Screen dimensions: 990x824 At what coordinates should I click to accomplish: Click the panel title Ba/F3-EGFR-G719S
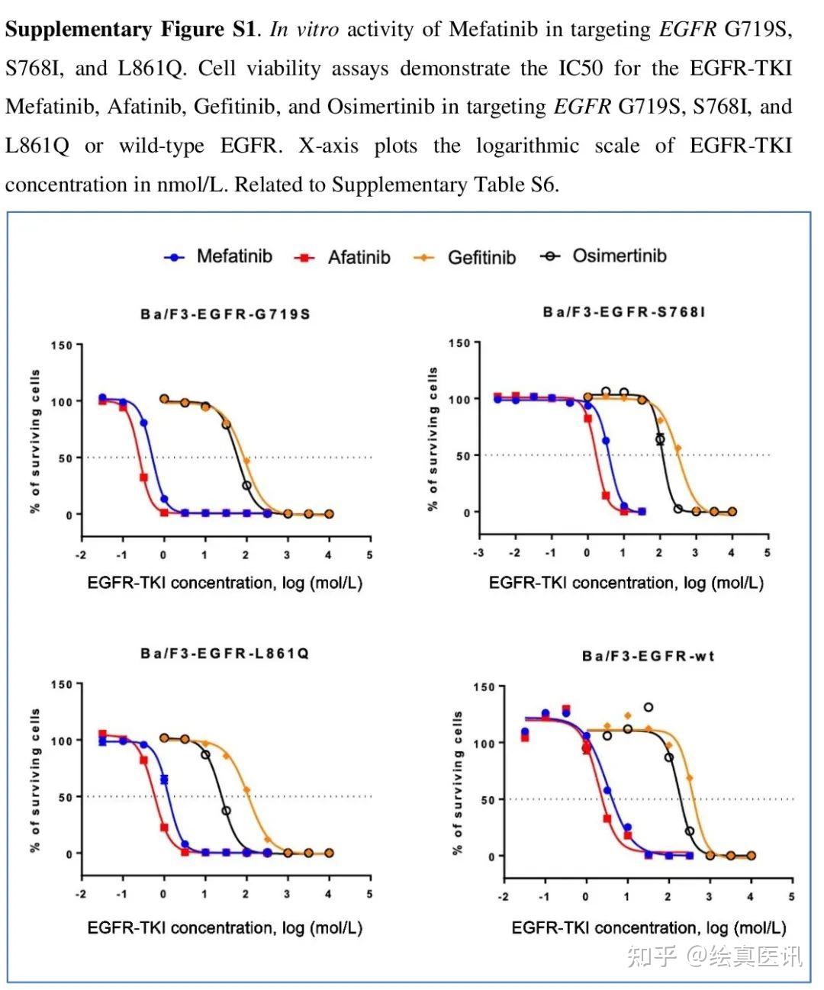click(x=225, y=314)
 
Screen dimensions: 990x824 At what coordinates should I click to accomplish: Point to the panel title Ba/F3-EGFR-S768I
click(x=623, y=312)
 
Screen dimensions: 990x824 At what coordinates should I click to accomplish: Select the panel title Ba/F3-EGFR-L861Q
click(x=224, y=654)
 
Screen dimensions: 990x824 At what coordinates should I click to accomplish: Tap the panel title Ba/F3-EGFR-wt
click(x=648, y=656)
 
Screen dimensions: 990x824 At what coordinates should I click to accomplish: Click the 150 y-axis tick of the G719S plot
click(x=62, y=346)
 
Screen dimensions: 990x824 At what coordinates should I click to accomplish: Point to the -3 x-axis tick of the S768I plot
click(x=478, y=553)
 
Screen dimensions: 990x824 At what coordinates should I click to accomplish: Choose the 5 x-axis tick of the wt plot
click(x=791, y=897)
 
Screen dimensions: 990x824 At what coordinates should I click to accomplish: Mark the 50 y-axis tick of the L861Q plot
click(x=65, y=797)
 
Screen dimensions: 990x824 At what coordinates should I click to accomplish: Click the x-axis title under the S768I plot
click(x=626, y=583)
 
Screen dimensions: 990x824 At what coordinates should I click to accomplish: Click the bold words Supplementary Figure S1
click(x=130, y=30)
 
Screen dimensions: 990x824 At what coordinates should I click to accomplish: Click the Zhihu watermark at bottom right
click(x=713, y=956)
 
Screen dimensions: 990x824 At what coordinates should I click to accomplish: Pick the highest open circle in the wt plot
click(x=649, y=708)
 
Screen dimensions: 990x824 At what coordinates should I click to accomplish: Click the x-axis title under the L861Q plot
click(x=224, y=928)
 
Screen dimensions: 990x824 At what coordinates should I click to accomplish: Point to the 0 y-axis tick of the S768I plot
click(x=467, y=513)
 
